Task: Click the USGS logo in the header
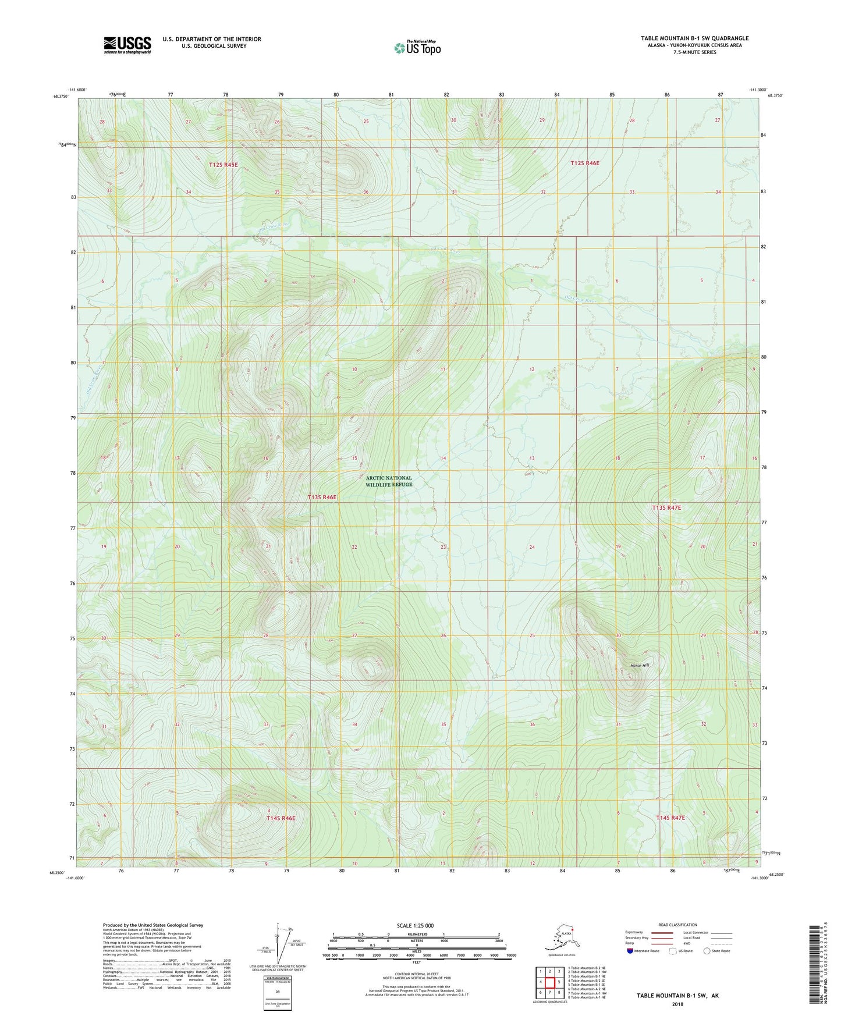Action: tap(127, 45)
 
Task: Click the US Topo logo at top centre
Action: tap(417, 48)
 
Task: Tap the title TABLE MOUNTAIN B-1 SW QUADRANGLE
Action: tap(694, 38)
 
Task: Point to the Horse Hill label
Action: tap(639, 665)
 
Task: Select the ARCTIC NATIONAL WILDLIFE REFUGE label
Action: tap(389, 481)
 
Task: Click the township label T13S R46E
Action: tap(322, 498)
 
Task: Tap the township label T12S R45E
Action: tap(223, 165)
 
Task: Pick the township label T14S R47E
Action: tap(670, 818)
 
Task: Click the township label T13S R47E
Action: tap(666, 508)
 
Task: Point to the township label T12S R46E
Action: tap(584, 164)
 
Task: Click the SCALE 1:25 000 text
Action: tap(415, 925)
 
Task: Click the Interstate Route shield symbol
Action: tap(631, 951)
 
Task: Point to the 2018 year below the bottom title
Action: tap(677, 1004)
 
